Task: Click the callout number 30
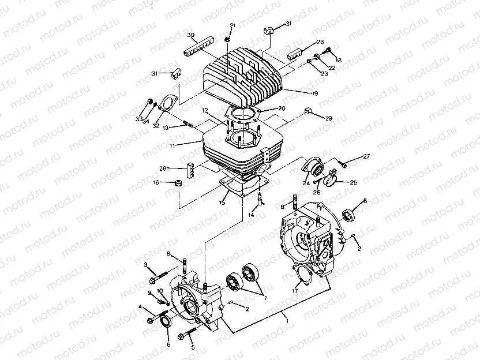click(191, 35)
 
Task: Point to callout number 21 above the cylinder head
click(232, 25)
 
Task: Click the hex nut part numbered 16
click(178, 183)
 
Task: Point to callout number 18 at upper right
click(339, 60)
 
